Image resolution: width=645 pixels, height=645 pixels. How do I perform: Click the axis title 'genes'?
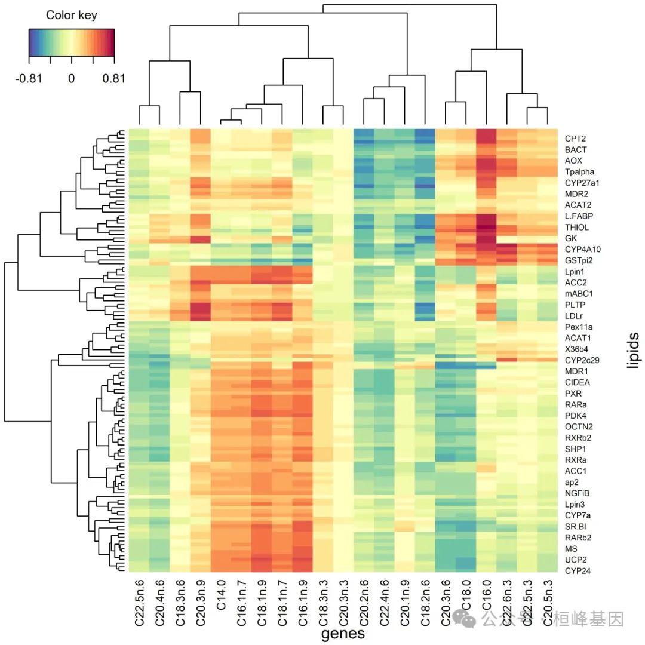343,633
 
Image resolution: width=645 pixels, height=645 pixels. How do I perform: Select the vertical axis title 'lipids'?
633,350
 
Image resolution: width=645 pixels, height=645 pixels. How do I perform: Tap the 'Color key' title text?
71,16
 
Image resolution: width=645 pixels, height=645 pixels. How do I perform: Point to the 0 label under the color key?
71,78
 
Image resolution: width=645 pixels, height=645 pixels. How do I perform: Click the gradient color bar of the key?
71,42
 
